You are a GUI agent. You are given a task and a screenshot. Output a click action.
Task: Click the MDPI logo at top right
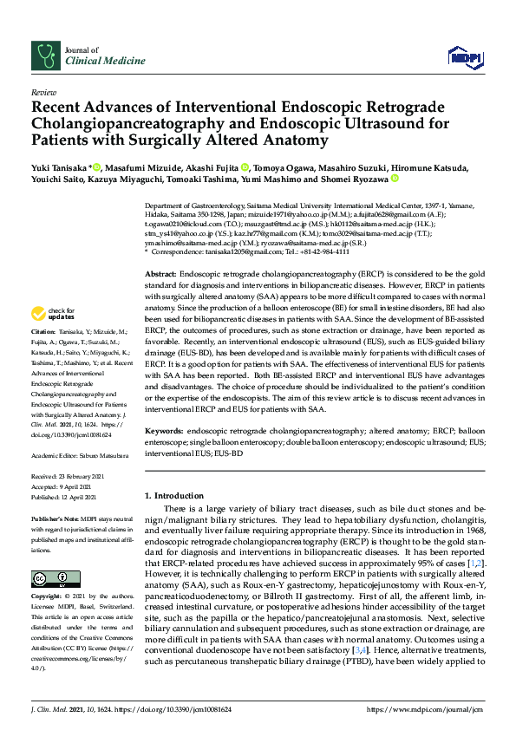coord(464,57)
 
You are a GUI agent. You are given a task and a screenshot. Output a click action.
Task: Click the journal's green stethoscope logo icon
coord(44,56)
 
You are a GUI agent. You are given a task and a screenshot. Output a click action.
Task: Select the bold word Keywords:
coord(165,431)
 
